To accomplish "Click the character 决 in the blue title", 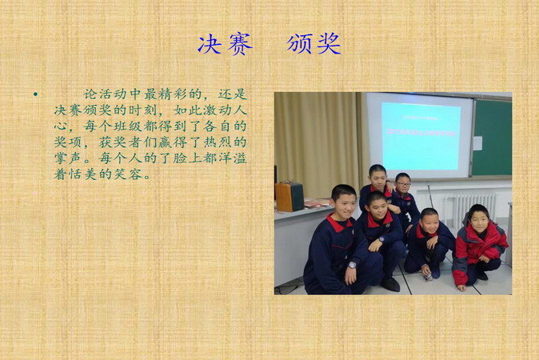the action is pos(209,44).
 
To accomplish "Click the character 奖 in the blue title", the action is pos(329,44).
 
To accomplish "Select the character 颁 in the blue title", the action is pos(298,44).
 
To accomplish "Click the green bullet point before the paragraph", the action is pos(35,94).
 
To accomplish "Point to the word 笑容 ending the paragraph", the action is pos(128,174).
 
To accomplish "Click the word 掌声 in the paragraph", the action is pos(68,158).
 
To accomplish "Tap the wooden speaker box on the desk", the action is pos(289,196).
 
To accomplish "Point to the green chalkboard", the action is pos(492,138).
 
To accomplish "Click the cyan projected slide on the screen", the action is pos(421,137).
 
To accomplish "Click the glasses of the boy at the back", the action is pos(403,184).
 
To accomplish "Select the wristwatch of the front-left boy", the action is pos(352,265).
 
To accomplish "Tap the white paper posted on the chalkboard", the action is pos(477,143).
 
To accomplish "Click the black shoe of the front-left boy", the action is pos(390,284).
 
